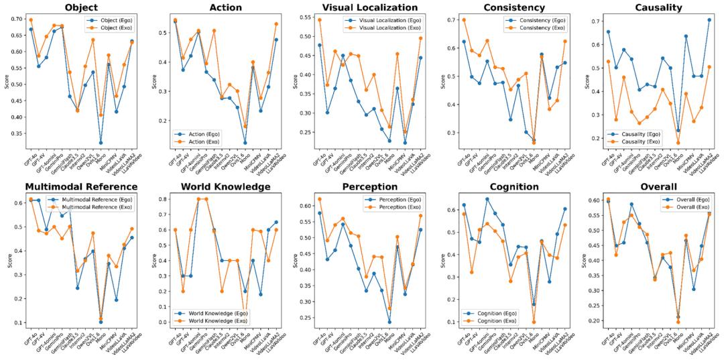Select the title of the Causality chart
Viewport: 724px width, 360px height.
pyautogui.click(x=653, y=7)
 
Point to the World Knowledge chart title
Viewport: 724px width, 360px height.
pyautogui.click(x=227, y=186)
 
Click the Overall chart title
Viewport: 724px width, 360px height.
pyautogui.click(x=653, y=186)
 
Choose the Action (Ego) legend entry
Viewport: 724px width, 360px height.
pyautogui.click(x=256, y=20)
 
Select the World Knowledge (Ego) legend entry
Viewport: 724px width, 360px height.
pyautogui.click(x=213, y=313)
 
